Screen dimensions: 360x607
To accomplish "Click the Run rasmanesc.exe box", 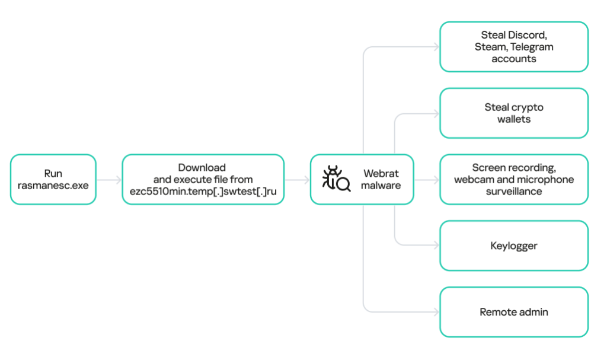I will pyautogui.click(x=53, y=179).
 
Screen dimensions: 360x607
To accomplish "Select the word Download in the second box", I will pyautogui.click(x=202, y=168).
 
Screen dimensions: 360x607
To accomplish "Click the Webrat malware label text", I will pyautogui.click(x=381, y=179).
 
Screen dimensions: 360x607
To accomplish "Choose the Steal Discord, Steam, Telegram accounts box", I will pyautogui.click(x=514, y=47).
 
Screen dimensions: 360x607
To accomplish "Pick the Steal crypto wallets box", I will pyautogui.click(x=514, y=113).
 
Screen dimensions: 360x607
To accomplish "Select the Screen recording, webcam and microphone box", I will pyautogui.click(x=514, y=179).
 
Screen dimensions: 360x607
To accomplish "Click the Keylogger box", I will pyautogui.click(x=514, y=246).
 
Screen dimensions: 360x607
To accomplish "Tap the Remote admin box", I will pyautogui.click(x=514, y=312).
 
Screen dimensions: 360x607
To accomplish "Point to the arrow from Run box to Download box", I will pyautogui.click(x=109, y=179).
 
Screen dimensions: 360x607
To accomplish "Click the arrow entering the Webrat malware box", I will pyautogui.click(x=298, y=179).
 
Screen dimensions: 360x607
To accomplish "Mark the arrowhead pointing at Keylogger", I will pyautogui.click(x=436, y=246).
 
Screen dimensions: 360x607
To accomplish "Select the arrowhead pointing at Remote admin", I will pyautogui.click(x=436, y=312).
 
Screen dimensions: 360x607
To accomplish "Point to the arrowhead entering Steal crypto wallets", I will pyautogui.click(x=436, y=113).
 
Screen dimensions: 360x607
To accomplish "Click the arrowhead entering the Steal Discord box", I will pyautogui.click(x=436, y=47).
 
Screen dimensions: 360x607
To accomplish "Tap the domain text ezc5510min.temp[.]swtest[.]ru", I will pyautogui.click(x=203, y=192).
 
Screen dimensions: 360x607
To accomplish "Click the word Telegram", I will pyautogui.click(x=532, y=47).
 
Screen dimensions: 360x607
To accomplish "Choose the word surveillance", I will pyautogui.click(x=514, y=191).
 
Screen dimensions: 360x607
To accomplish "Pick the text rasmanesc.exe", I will pyautogui.click(x=53, y=185).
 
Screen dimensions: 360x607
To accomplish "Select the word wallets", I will pyautogui.click(x=514, y=119).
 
